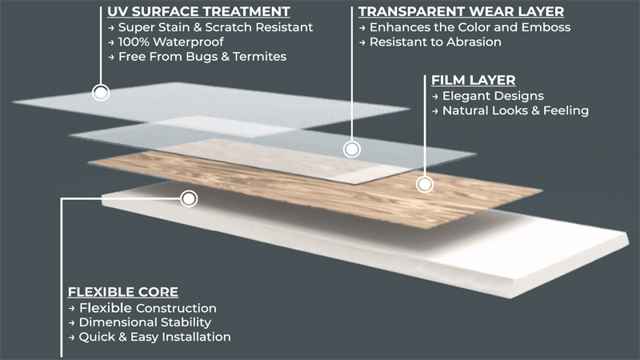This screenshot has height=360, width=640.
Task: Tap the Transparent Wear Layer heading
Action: click(x=461, y=13)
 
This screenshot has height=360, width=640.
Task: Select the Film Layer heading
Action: click(x=473, y=81)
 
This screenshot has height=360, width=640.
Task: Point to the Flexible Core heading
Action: click(x=123, y=292)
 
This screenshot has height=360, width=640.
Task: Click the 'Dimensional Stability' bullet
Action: click(x=142, y=322)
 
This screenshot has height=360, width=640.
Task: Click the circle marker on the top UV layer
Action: click(x=101, y=93)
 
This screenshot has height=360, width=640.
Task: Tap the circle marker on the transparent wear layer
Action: click(x=350, y=149)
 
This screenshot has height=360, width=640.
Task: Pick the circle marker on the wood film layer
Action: click(x=425, y=184)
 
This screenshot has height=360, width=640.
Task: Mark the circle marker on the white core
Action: click(x=189, y=198)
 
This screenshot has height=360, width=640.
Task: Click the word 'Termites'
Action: click(x=259, y=57)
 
